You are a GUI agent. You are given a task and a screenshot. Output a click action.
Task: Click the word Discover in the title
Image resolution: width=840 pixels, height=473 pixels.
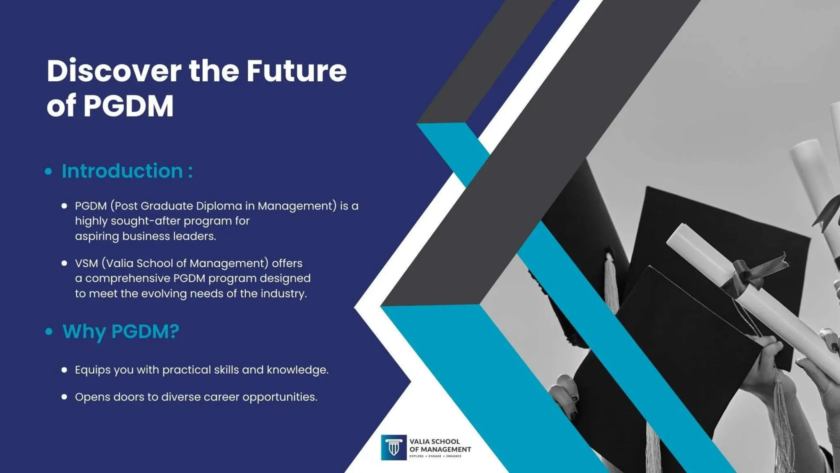pos(114,71)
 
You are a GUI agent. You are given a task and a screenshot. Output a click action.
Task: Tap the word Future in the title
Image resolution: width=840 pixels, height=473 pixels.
pos(296,71)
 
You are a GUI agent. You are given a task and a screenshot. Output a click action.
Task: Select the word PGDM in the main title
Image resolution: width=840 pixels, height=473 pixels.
pos(128,106)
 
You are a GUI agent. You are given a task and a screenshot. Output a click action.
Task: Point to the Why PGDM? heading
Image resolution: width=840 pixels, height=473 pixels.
pos(121,331)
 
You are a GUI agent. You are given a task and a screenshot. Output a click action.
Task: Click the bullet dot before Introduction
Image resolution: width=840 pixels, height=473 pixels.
pos(48,171)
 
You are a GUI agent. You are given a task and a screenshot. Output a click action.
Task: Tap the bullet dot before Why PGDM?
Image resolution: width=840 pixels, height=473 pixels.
pos(49,331)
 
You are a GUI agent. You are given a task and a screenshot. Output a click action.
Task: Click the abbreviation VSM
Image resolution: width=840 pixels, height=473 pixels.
pos(86,263)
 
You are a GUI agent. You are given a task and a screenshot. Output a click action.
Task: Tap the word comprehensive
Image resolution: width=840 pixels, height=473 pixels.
pos(128,278)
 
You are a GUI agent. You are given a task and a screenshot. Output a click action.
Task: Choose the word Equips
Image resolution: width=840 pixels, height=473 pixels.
pos(92,370)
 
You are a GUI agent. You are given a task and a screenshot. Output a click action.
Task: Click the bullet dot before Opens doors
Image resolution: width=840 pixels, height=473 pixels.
pos(64,397)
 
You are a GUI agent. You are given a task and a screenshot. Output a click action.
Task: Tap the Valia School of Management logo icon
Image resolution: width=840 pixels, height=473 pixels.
pos(394,448)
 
